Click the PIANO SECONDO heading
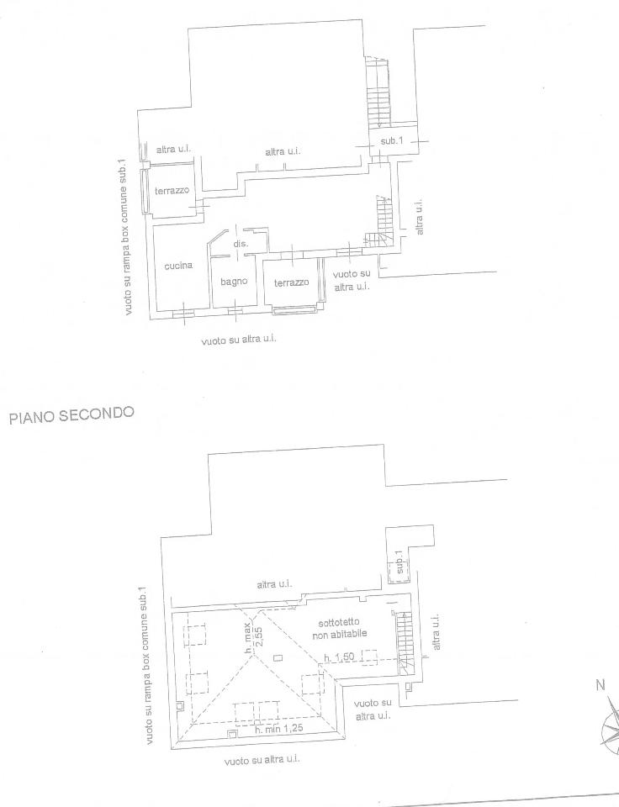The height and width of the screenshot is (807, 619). click(71, 414)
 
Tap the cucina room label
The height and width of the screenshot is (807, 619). click(178, 266)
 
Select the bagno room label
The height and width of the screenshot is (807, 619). click(234, 282)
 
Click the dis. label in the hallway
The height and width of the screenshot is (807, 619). click(240, 244)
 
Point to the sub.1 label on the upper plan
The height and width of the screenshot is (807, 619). click(392, 141)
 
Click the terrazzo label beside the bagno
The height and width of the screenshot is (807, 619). click(291, 283)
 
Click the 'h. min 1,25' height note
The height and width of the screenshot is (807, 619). click(278, 729)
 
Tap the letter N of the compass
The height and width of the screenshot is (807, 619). click(600, 685)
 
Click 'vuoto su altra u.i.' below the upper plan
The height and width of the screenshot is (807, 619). click(239, 340)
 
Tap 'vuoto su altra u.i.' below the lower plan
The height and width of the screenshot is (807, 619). click(262, 759)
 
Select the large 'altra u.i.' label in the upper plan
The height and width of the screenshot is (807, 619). click(283, 152)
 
